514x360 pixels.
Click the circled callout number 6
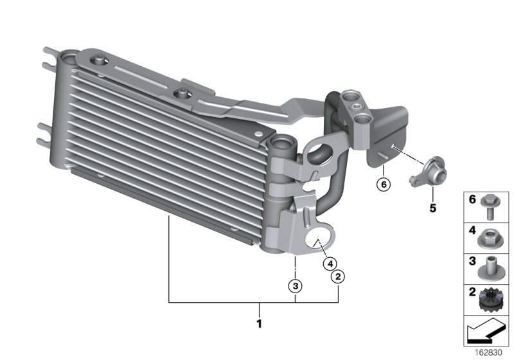[384, 184]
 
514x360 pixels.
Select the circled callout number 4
[330, 264]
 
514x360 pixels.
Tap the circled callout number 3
[296, 286]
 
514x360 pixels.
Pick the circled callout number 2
[338, 276]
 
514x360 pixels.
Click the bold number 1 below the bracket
[260, 323]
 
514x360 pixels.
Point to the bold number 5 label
[432, 208]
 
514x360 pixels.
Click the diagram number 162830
[488, 353]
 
